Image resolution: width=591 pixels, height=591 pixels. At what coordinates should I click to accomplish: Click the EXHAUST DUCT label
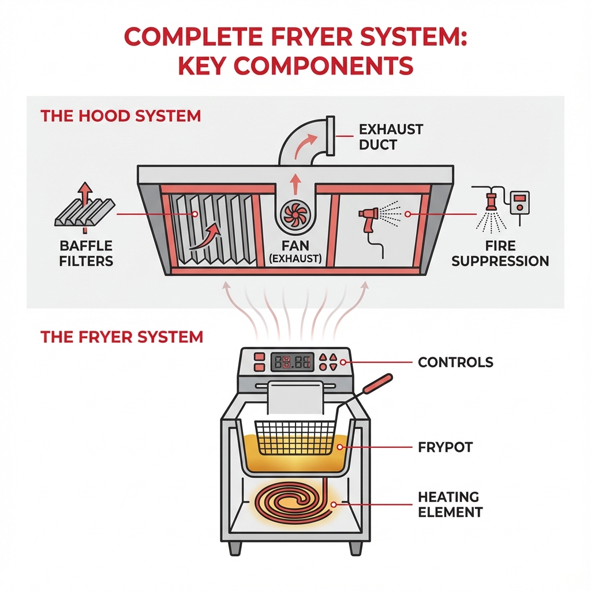tap(391, 136)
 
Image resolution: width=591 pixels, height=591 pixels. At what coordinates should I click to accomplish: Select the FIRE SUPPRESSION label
tap(500, 253)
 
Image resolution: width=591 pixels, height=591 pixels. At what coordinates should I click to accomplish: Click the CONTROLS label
tap(455, 362)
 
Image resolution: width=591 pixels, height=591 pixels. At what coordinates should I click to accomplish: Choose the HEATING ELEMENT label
tap(450, 504)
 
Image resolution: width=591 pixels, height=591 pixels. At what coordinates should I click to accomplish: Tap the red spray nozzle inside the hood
tap(368, 218)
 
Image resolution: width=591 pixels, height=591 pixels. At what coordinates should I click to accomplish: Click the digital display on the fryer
tap(293, 362)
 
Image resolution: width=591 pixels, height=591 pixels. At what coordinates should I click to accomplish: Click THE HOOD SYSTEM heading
tap(121, 115)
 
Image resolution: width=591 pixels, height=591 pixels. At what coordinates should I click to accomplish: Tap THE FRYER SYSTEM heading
tap(122, 336)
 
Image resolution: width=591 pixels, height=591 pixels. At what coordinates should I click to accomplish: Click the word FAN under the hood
tap(294, 246)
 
